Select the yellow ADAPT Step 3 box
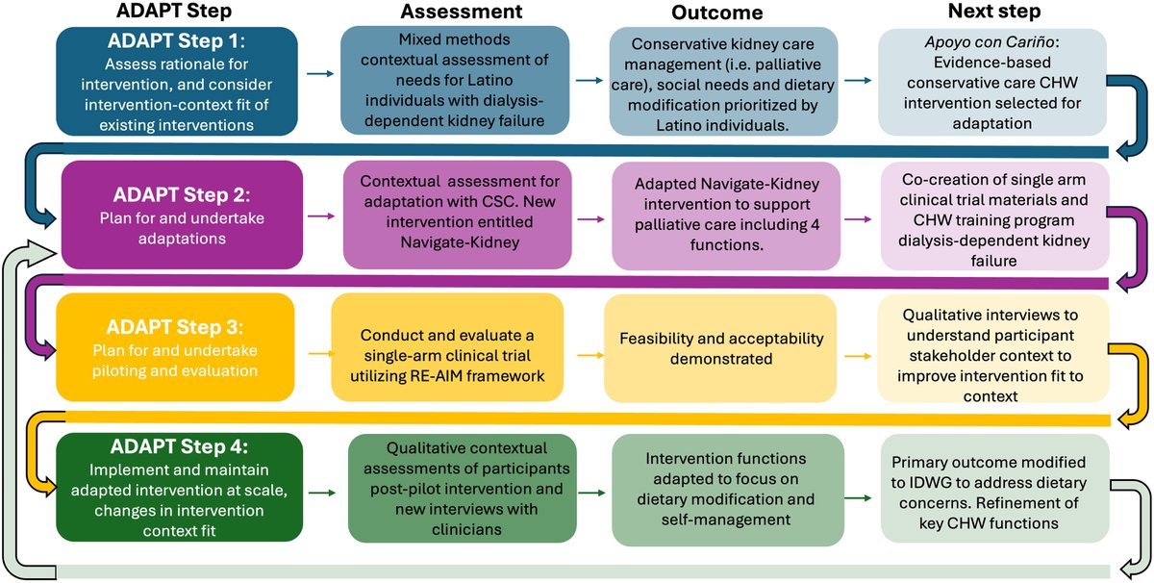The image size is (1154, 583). tap(172, 347)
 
